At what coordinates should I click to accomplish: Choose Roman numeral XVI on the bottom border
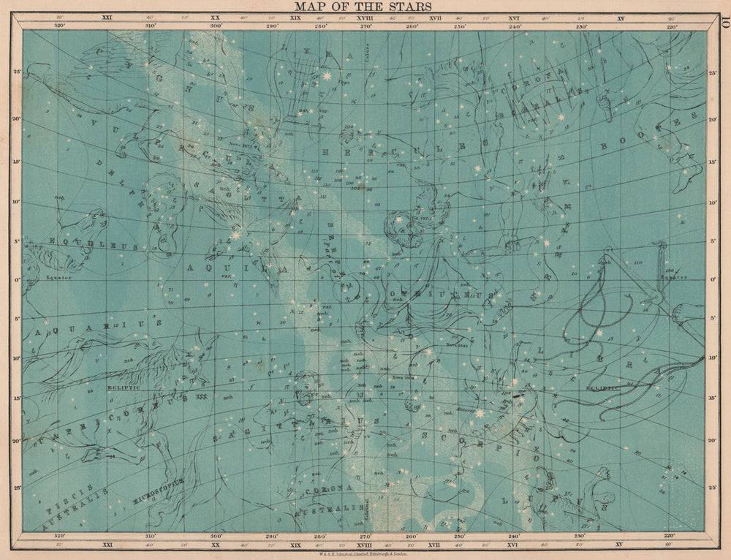(x=513, y=544)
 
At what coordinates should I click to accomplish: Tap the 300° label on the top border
(x=216, y=26)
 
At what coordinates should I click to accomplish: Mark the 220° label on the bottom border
(x=670, y=535)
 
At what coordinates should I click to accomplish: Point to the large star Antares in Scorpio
(x=480, y=413)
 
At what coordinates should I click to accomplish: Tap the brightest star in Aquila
(x=236, y=235)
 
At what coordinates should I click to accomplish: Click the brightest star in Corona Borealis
(x=561, y=116)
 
